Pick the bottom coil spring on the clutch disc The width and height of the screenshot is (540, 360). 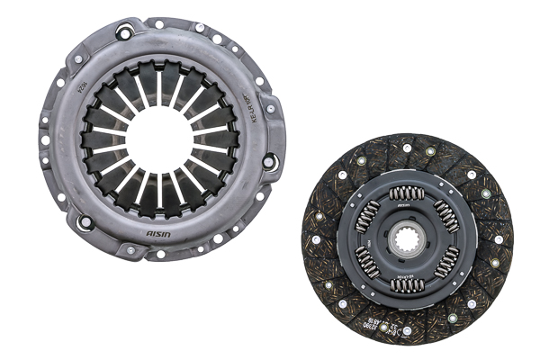(407, 284)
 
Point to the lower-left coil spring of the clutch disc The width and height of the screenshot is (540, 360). (366, 262)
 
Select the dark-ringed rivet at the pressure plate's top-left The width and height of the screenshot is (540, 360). (123, 34)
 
